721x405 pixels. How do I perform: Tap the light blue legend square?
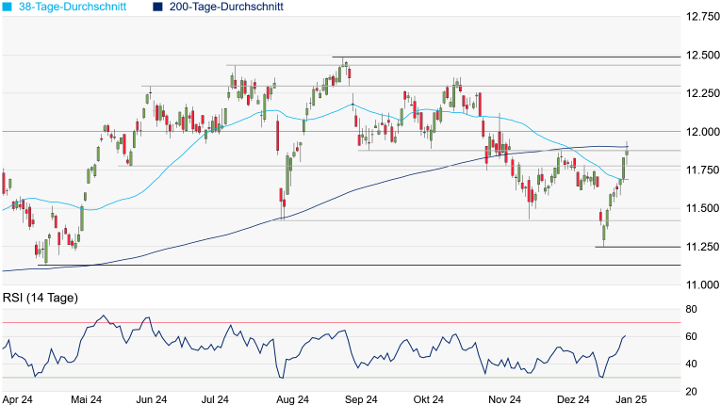8,7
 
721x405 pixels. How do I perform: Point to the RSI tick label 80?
691,309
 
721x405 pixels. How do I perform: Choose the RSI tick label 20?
691,391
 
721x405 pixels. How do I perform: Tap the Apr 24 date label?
17,399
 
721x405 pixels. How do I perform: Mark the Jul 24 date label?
215,399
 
